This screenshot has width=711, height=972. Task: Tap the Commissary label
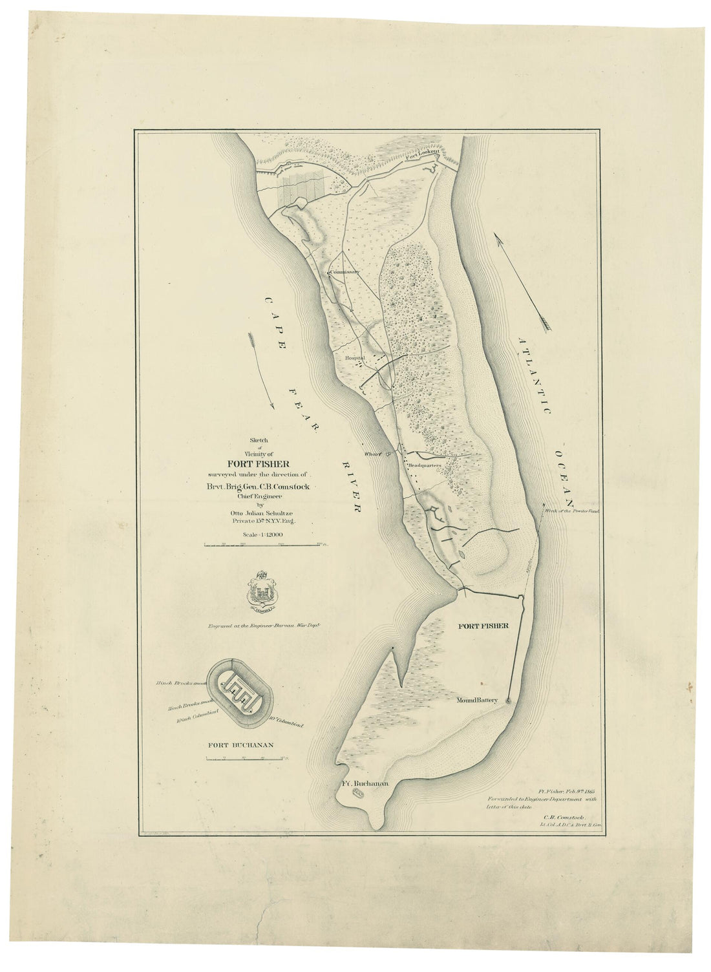pos(344,272)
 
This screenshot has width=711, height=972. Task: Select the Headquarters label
pos(424,465)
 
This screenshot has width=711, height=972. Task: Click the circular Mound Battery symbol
pos(509,700)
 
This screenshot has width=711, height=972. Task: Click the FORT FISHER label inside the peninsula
pos(484,626)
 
